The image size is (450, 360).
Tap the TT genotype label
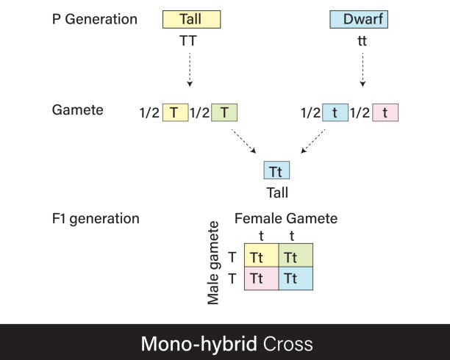(x=190, y=42)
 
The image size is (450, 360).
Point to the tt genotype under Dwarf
(x=362, y=42)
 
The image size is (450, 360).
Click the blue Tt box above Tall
(x=276, y=171)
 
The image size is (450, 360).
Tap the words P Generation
(x=95, y=20)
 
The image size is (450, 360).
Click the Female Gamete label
(x=285, y=219)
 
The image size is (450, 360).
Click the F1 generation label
(x=96, y=219)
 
